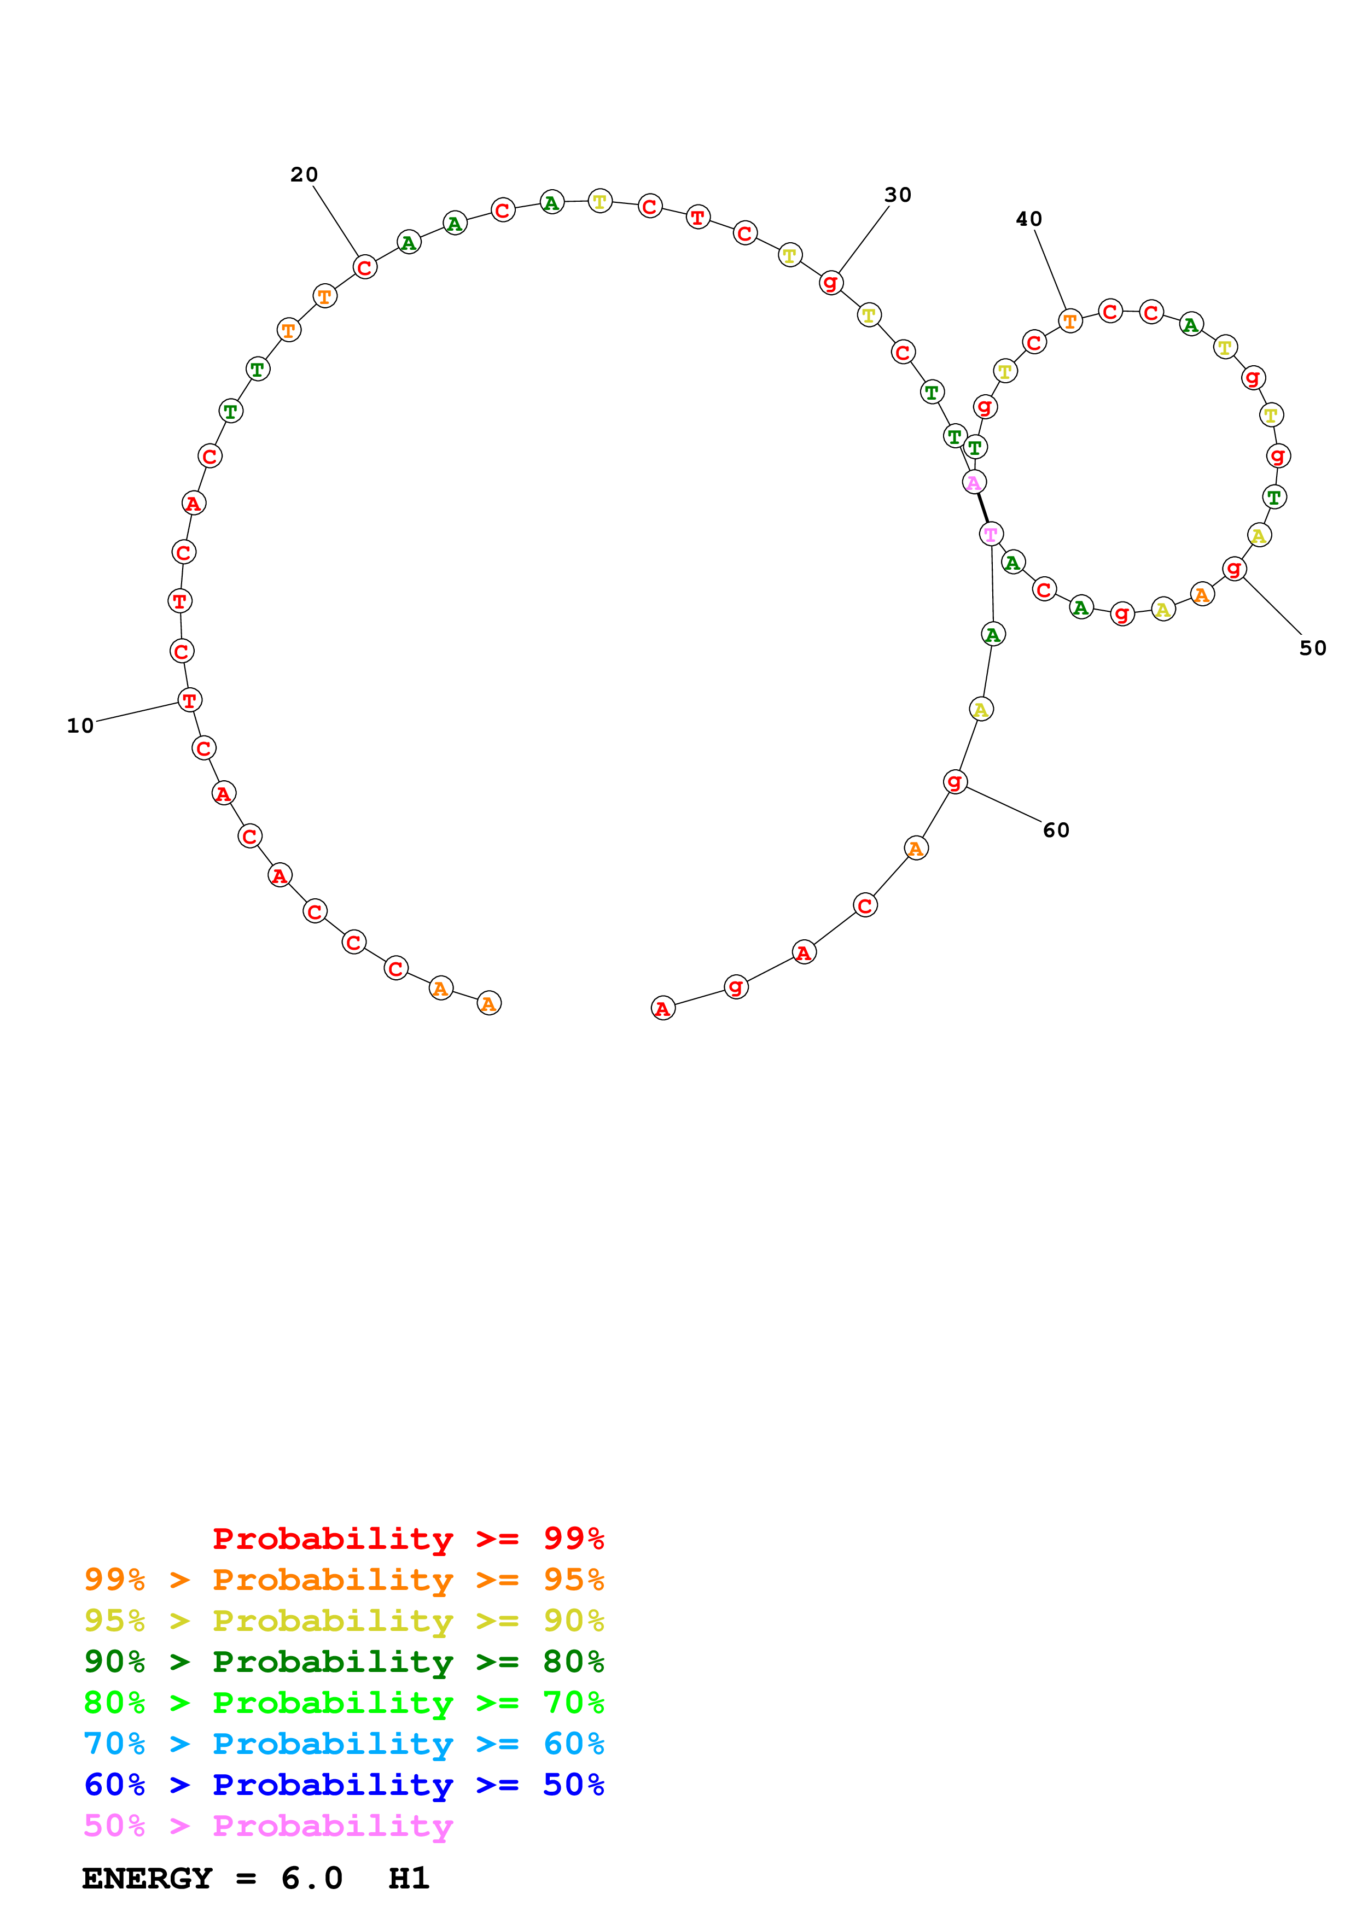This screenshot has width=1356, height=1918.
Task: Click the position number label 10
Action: tap(80, 726)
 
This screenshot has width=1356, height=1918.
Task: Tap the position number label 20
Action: tap(304, 174)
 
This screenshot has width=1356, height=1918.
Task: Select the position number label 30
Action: tap(898, 195)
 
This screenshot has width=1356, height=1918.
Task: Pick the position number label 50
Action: tap(1313, 648)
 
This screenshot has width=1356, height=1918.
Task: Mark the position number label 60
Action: tap(1056, 831)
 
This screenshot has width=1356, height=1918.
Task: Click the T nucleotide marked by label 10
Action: tap(190, 700)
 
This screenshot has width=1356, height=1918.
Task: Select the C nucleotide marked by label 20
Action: tap(364, 267)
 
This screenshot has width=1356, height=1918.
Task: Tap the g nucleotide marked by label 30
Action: tap(830, 282)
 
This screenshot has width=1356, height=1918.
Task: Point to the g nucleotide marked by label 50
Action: tap(1234, 569)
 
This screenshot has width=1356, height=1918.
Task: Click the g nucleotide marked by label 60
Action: tap(955, 782)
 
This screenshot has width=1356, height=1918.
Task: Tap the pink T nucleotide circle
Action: tap(991, 534)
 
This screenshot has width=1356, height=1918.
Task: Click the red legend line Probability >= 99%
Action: tap(408, 1539)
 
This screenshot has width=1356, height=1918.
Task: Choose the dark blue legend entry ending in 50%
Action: tap(344, 1785)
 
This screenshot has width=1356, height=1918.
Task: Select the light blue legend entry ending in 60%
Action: tap(344, 1744)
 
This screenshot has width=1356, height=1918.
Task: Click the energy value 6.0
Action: tap(312, 1878)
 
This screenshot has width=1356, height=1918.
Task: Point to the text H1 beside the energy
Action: tap(409, 1878)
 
